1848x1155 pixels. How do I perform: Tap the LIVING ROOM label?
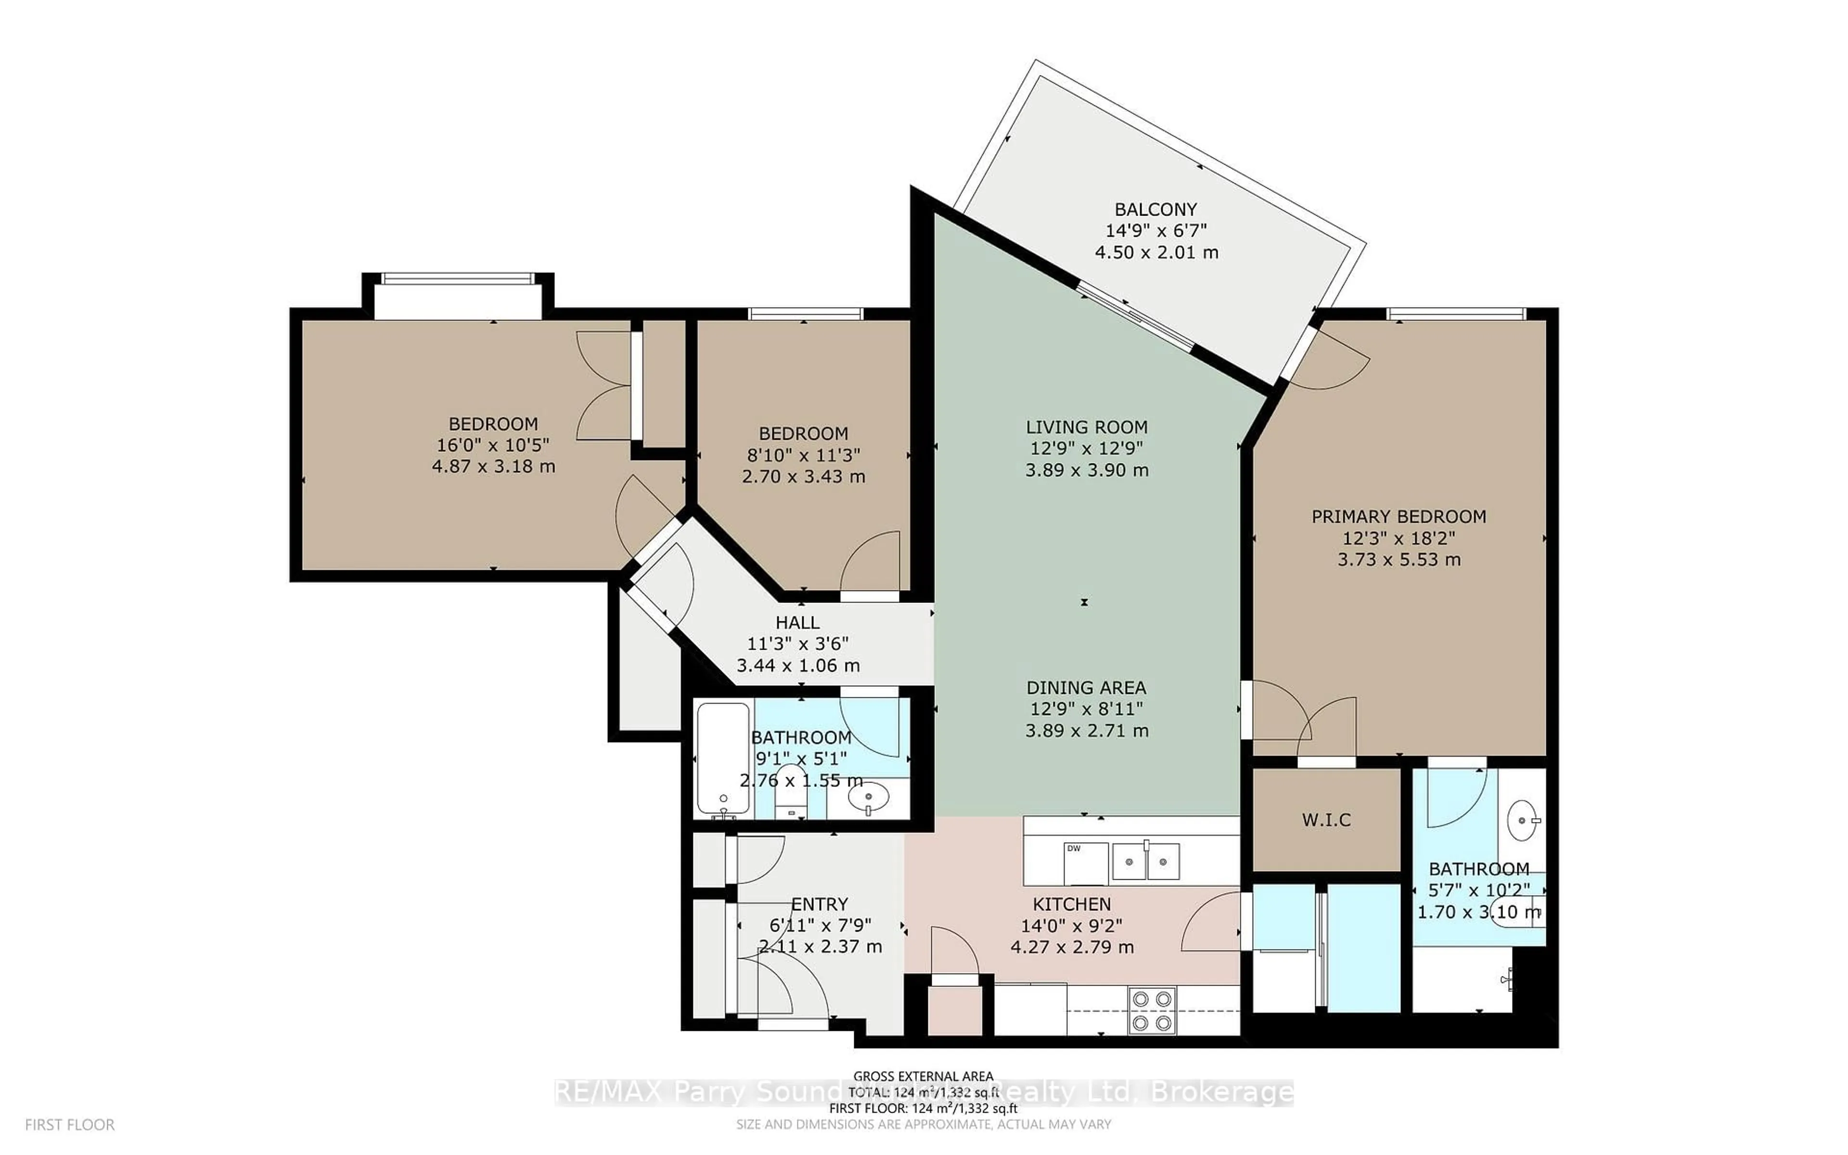point(1086,427)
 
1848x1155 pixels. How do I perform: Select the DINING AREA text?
point(1086,688)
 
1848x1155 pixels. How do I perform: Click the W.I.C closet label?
point(1326,820)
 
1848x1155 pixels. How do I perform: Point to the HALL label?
point(797,623)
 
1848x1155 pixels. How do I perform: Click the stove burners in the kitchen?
point(1152,1011)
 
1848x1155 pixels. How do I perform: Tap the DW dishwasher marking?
point(1074,848)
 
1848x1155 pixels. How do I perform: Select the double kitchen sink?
point(1145,861)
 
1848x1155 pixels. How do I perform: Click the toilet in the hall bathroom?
point(790,798)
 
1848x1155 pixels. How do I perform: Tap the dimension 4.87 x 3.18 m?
point(493,466)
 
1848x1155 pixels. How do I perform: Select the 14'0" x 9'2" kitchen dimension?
point(1071,926)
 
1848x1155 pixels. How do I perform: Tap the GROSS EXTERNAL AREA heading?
point(923,1077)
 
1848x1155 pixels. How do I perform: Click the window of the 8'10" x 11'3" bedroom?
point(805,313)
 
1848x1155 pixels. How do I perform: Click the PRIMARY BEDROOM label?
point(1398,516)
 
